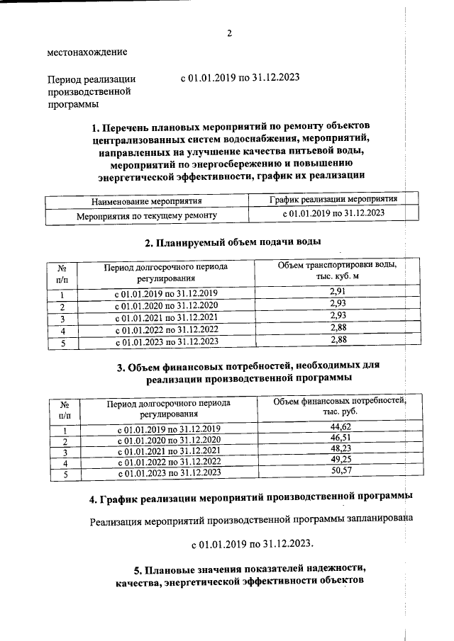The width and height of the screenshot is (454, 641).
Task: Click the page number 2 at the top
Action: pos(230,33)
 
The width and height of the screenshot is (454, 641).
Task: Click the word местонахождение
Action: pos(87,52)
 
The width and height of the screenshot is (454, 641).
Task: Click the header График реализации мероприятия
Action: pos(333,200)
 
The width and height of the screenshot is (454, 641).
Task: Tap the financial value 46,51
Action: pos(341,439)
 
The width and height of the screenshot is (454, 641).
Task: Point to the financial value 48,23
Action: pos(341,450)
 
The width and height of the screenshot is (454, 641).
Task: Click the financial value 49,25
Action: pos(341,460)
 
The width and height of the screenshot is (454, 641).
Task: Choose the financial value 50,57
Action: pos(341,472)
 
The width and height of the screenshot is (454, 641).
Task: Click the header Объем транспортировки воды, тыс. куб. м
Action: pos(337,271)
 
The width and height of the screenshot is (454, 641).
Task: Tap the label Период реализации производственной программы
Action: pos(91,91)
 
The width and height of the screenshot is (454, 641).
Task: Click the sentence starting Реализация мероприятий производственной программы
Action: pos(251,523)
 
